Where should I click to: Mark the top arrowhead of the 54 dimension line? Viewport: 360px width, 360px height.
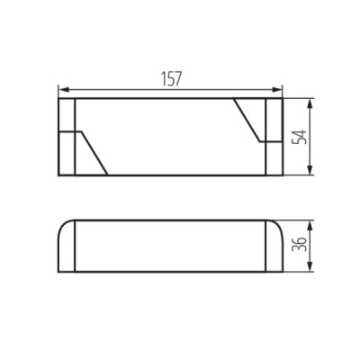(310, 103)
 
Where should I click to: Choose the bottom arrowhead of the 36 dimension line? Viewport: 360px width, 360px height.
(310, 266)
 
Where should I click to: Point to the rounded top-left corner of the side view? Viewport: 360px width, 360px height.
(62, 225)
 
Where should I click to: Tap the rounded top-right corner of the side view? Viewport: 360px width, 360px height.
(277, 225)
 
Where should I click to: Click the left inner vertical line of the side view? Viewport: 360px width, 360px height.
(75, 245)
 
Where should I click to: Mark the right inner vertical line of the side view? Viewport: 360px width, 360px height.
(267, 245)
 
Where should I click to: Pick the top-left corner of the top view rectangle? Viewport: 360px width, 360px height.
(58, 98)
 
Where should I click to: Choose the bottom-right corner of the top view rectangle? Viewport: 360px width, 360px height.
(283, 175)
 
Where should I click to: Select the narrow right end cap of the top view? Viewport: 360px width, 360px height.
(275, 136)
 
